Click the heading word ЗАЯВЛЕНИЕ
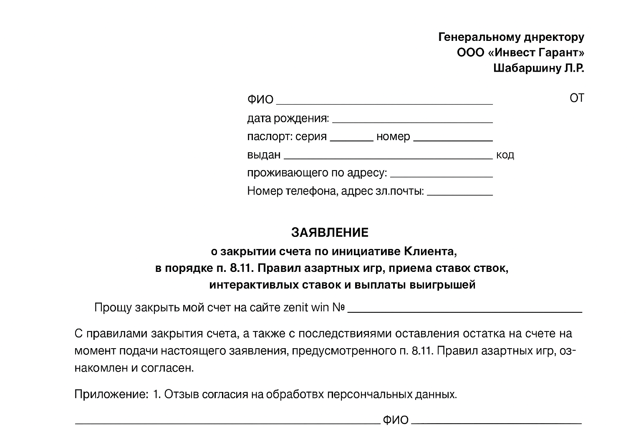[330, 232]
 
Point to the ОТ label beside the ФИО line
[576, 98]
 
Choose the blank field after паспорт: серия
[351, 140]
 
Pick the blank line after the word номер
[453, 140]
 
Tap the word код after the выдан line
[505, 155]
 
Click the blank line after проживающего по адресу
[442, 176]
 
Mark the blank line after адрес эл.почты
[460, 194]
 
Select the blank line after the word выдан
[388, 158]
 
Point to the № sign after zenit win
[338, 308]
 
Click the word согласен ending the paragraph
[174, 368]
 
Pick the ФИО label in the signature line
[395, 420]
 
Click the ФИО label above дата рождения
[260, 100]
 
